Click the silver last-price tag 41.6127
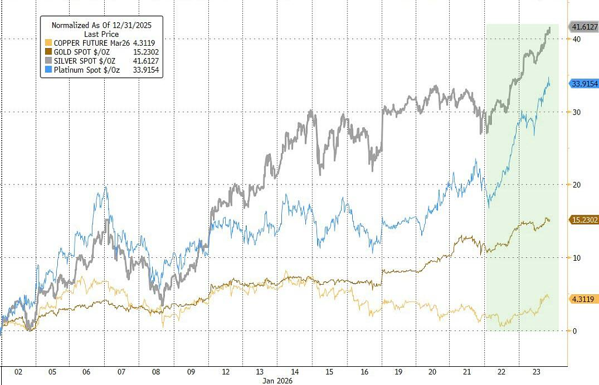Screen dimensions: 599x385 coord(584,27)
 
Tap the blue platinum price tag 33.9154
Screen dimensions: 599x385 coord(584,83)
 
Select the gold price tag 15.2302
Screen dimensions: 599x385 coord(584,220)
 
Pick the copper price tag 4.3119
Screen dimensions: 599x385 coord(584,299)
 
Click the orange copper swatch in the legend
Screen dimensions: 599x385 coord(48,43)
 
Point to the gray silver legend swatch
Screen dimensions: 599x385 coord(48,61)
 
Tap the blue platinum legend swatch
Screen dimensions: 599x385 coord(48,70)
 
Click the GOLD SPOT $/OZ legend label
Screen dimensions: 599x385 coord(82,52)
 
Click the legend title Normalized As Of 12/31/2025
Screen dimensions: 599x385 coord(102,25)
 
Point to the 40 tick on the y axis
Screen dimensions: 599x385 coord(576,39)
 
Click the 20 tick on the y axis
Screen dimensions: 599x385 coord(576,185)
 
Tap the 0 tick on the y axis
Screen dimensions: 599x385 coord(574,331)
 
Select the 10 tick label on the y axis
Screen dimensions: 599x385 coord(576,258)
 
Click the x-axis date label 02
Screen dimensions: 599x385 coord(18,372)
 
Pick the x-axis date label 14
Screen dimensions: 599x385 coord(295,372)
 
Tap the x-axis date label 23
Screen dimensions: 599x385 coord(536,372)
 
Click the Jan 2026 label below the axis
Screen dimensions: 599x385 coord(277,381)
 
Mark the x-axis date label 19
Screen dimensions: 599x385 coord(398,372)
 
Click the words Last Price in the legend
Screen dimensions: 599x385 coord(102,34)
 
